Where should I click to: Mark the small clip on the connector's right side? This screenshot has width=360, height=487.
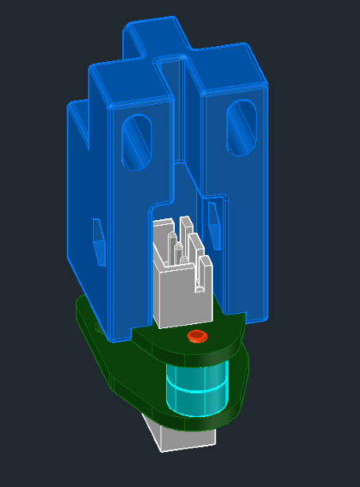coord(205,274)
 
